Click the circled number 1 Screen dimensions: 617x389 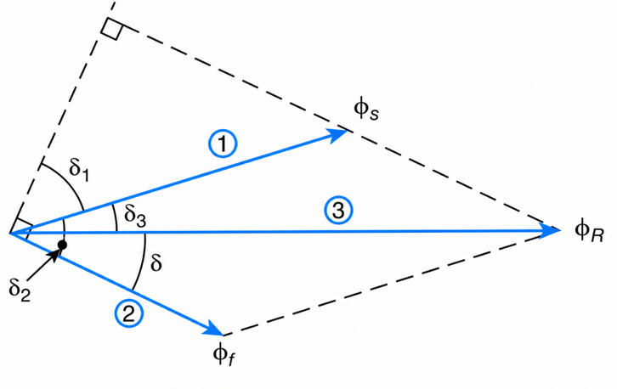point(223,144)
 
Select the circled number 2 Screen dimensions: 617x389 point(129,314)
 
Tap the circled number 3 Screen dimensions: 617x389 point(338,211)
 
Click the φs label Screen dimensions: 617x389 point(366,110)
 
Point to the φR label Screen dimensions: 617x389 point(589,231)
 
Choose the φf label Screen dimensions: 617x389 point(224,355)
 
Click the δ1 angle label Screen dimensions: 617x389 point(80,170)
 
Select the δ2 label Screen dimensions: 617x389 point(20,290)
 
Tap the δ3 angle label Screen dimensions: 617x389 point(135,216)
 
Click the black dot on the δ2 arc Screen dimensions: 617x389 point(62,245)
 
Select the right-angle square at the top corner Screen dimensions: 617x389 point(112,27)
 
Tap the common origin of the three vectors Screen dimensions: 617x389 point(10,234)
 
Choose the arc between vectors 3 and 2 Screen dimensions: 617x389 point(143,262)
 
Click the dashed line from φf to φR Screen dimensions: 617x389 point(392,282)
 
